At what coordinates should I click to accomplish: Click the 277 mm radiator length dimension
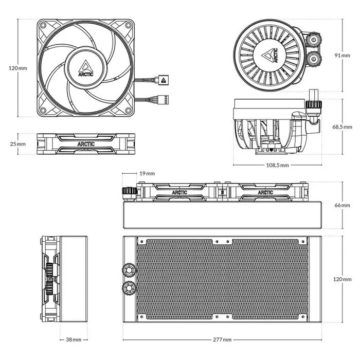pos(222,339)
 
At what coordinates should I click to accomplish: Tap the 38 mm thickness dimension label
pos(74,339)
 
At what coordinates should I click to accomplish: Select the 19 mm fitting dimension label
pos(147,173)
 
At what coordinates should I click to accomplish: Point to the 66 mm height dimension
pos(343,205)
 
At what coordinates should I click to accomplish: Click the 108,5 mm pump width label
pos(277,165)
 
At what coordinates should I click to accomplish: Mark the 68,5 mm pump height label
pos(343,127)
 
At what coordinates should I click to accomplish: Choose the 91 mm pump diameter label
pos(343,56)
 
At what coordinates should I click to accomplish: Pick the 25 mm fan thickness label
pos(17,144)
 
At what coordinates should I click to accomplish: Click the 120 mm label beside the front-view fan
pos(17,68)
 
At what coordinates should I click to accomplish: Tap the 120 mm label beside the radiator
pos(343,279)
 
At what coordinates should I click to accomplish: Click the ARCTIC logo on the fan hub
pos(86,68)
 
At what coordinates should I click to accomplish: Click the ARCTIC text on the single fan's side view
pos(86,144)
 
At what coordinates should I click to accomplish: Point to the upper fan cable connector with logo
pos(162,80)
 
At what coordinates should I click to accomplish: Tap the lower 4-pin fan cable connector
pos(163,100)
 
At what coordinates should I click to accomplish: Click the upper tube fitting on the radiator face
pos(129,270)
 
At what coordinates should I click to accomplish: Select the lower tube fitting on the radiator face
pos(129,287)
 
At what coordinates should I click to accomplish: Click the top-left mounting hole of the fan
pos(43,25)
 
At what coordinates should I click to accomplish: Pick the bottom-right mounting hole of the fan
pos(128,110)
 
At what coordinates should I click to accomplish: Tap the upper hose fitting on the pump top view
pos(314,40)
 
